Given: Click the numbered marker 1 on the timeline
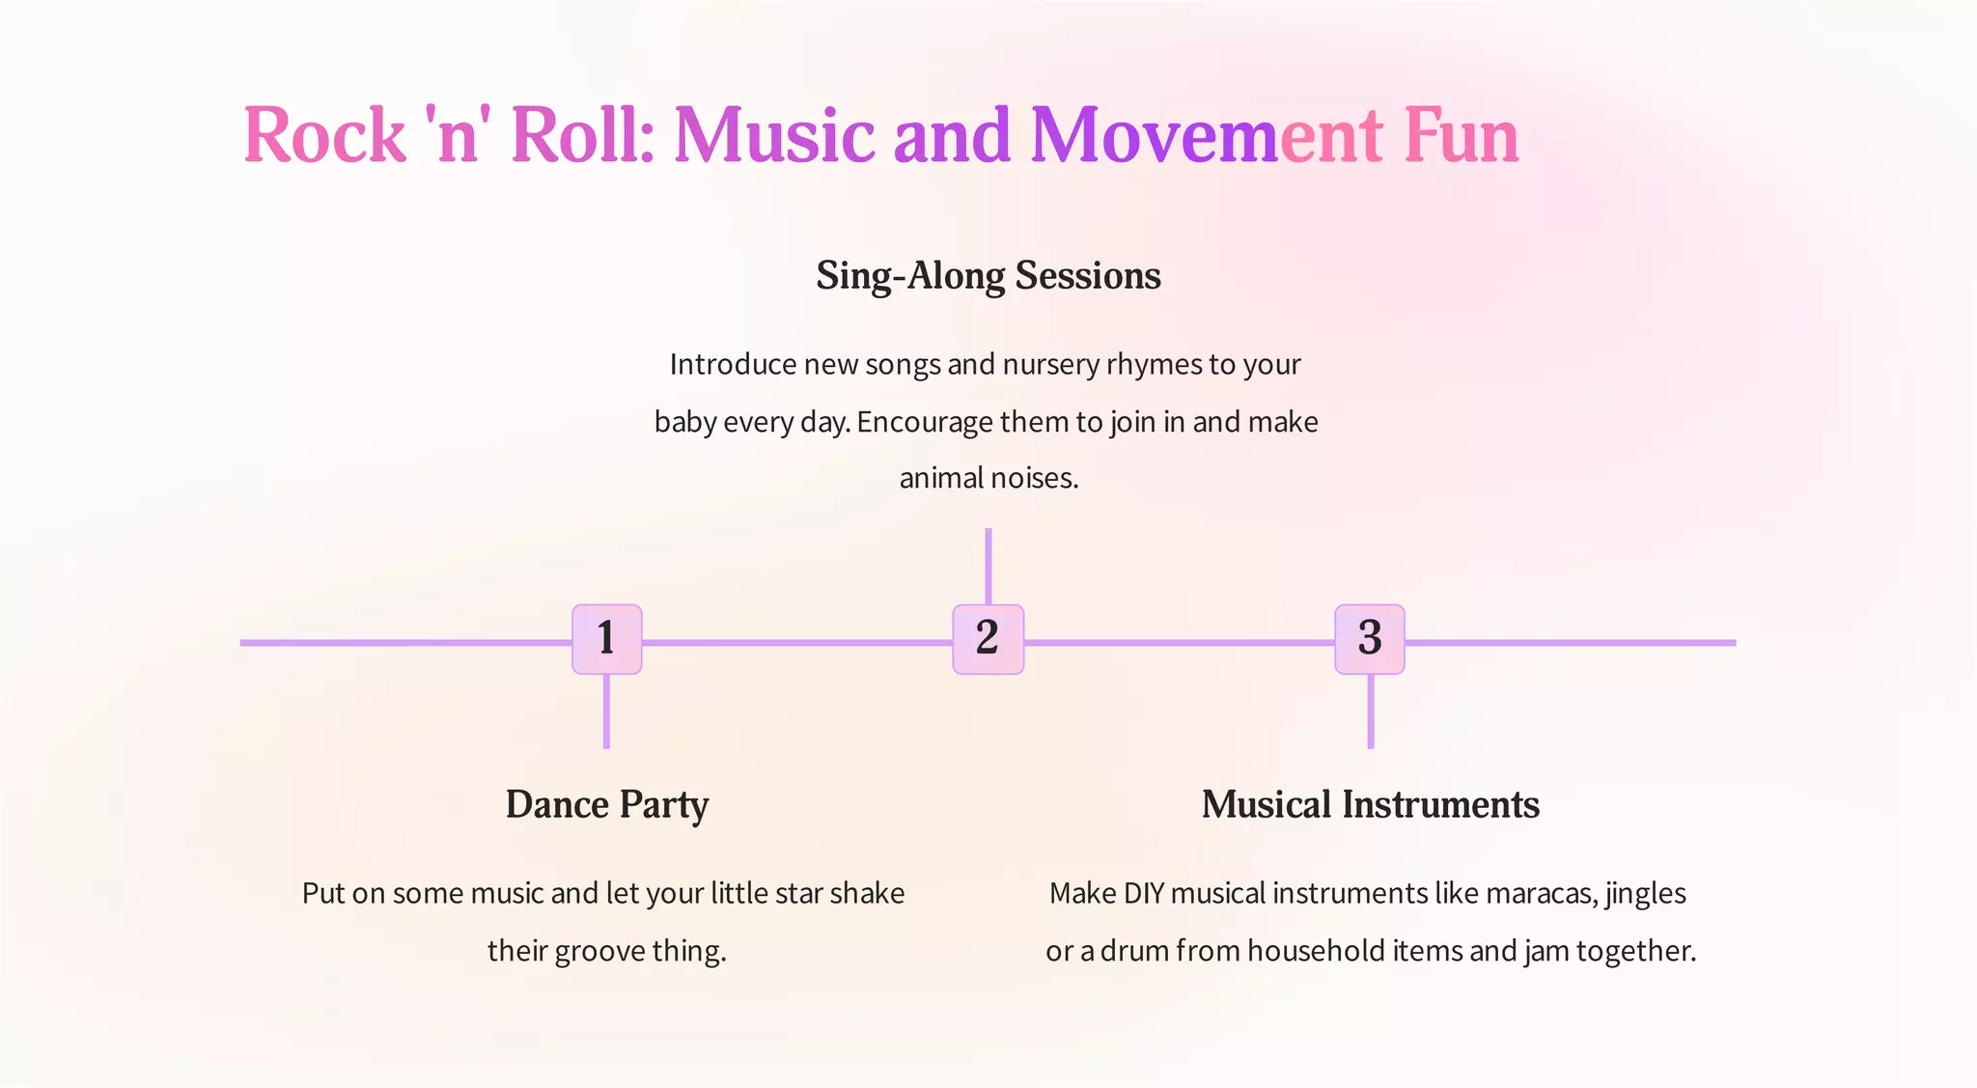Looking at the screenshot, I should click(x=606, y=639).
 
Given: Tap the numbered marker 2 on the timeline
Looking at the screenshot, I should click(x=988, y=639).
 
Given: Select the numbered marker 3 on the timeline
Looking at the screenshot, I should click(x=1370, y=639).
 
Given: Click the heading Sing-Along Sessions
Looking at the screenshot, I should click(x=988, y=276).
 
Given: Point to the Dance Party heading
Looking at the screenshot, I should click(x=607, y=805).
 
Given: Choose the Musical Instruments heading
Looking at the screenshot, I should click(x=1370, y=805).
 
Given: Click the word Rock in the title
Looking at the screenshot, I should click(x=324, y=135).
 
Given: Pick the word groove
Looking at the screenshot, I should click(x=599, y=952).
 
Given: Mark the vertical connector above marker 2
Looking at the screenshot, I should click(x=988, y=566).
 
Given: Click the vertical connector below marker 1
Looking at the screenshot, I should click(x=606, y=711).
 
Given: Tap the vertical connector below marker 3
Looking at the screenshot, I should click(x=1370, y=711).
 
